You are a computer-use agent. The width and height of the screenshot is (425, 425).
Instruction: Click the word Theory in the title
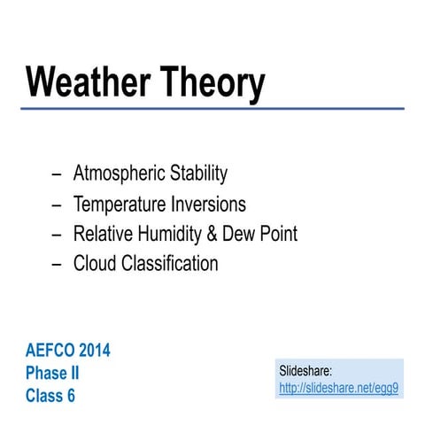point(212,82)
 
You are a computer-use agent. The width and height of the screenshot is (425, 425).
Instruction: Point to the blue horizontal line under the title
point(212,109)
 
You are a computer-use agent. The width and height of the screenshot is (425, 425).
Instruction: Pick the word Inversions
point(205,205)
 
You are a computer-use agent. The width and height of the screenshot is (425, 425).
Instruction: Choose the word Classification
point(168,264)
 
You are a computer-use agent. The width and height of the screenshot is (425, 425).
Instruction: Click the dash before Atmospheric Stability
point(57,174)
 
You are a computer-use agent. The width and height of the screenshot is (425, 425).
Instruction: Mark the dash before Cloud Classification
point(57,265)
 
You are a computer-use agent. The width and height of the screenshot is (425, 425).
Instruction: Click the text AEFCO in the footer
point(51,351)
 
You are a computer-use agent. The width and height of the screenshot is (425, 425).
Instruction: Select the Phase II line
point(52,374)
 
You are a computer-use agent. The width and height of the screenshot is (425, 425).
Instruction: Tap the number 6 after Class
point(71,396)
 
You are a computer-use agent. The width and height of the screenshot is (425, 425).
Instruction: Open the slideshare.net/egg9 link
point(338,388)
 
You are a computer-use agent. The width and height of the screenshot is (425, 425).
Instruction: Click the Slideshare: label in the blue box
point(305,372)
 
